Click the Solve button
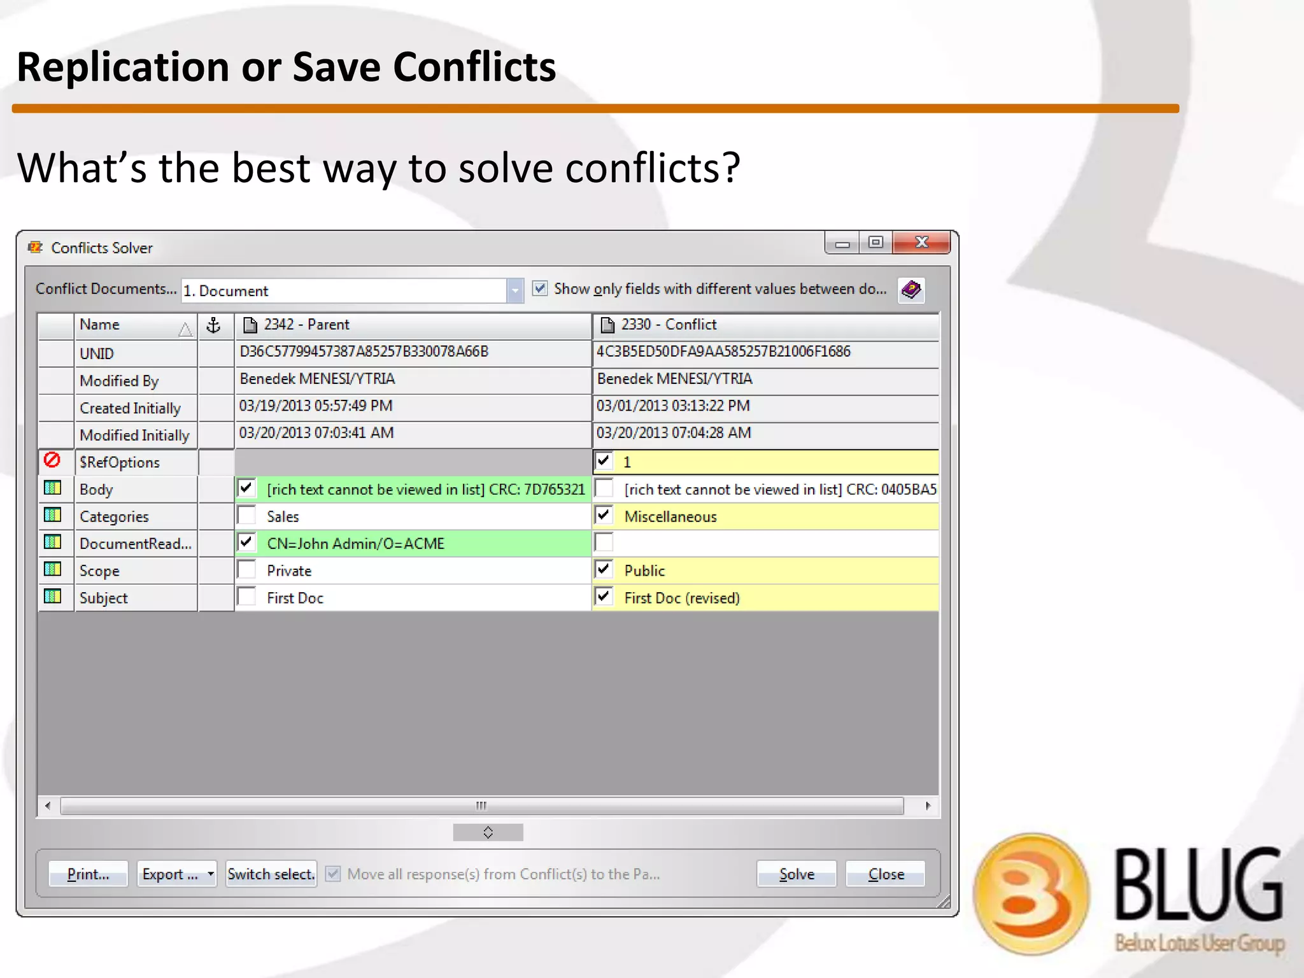tap(796, 874)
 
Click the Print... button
tap(89, 874)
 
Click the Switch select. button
tap(271, 874)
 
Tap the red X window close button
tap(921, 243)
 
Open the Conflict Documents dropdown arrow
tap(514, 291)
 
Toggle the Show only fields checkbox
tap(540, 289)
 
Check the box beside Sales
tap(246, 516)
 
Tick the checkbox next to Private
tap(246, 570)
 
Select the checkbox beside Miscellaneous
tap(604, 516)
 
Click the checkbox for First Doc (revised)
tap(604, 597)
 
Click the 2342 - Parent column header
tap(413, 325)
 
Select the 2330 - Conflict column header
tap(765, 325)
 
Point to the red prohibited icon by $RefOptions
tap(52, 460)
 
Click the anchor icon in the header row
tap(214, 325)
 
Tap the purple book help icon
tap(911, 290)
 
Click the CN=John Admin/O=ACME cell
tap(356, 544)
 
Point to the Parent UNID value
tap(364, 352)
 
